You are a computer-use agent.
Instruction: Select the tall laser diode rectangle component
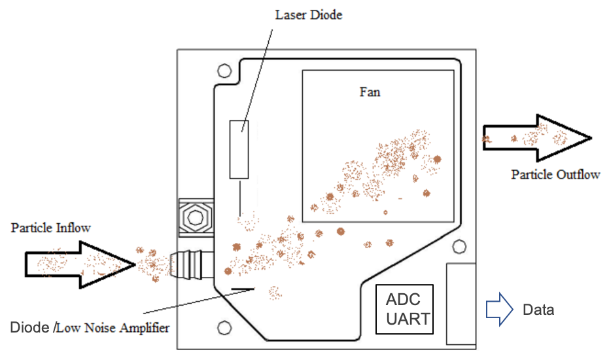pyautogui.click(x=240, y=149)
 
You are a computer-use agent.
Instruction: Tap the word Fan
pyautogui.click(x=370, y=92)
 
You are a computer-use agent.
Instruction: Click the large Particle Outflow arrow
pyautogui.click(x=538, y=138)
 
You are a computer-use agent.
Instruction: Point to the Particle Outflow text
pyautogui.click(x=555, y=175)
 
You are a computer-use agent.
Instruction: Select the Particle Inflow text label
pyautogui.click(x=50, y=228)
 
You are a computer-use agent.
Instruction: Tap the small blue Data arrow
pyautogui.click(x=498, y=309)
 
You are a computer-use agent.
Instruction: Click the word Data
pyautogui.click(x=538, y=310)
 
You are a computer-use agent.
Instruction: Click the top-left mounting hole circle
pyautogui.click(x=224, y=70)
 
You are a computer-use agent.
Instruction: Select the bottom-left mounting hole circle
pyautogui.click(x=224, y=327)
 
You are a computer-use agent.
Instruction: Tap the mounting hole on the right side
pyautogui.click(x=460, y=246)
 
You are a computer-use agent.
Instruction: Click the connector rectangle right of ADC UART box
pyautogui.click(x=461, y=303)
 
